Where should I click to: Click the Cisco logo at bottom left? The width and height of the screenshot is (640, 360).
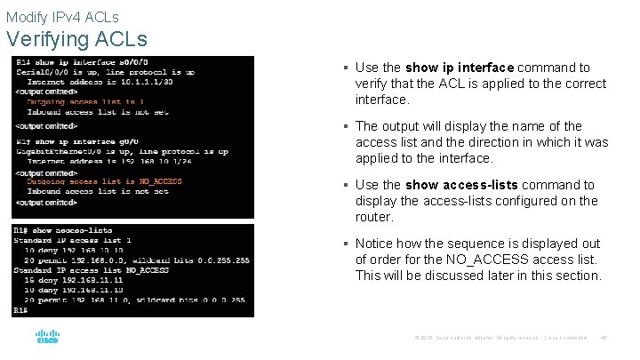[47, 338]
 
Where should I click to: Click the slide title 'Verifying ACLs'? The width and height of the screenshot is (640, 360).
[76, 39]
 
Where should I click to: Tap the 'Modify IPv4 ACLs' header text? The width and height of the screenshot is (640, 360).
[62, 17]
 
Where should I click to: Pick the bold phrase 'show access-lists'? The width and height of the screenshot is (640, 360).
[460, 185]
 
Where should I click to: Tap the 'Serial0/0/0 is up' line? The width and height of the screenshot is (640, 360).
[103, 72]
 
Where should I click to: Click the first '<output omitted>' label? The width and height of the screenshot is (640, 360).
[46, 92]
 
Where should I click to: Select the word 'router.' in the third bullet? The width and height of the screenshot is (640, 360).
[374, 217]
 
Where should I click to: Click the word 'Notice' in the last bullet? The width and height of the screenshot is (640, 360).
[374, 244]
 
